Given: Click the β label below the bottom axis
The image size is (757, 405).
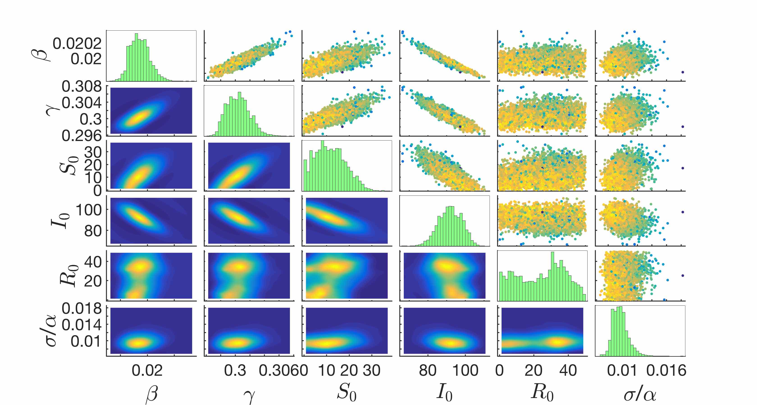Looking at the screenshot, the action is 152,394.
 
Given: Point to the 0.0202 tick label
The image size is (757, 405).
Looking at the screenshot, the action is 77,43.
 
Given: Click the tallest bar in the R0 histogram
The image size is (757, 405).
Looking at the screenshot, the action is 552,276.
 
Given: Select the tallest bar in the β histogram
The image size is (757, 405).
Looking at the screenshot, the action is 136,57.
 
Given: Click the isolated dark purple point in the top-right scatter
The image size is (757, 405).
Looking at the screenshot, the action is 683,72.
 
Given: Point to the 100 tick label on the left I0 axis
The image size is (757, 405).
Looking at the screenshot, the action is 89,210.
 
